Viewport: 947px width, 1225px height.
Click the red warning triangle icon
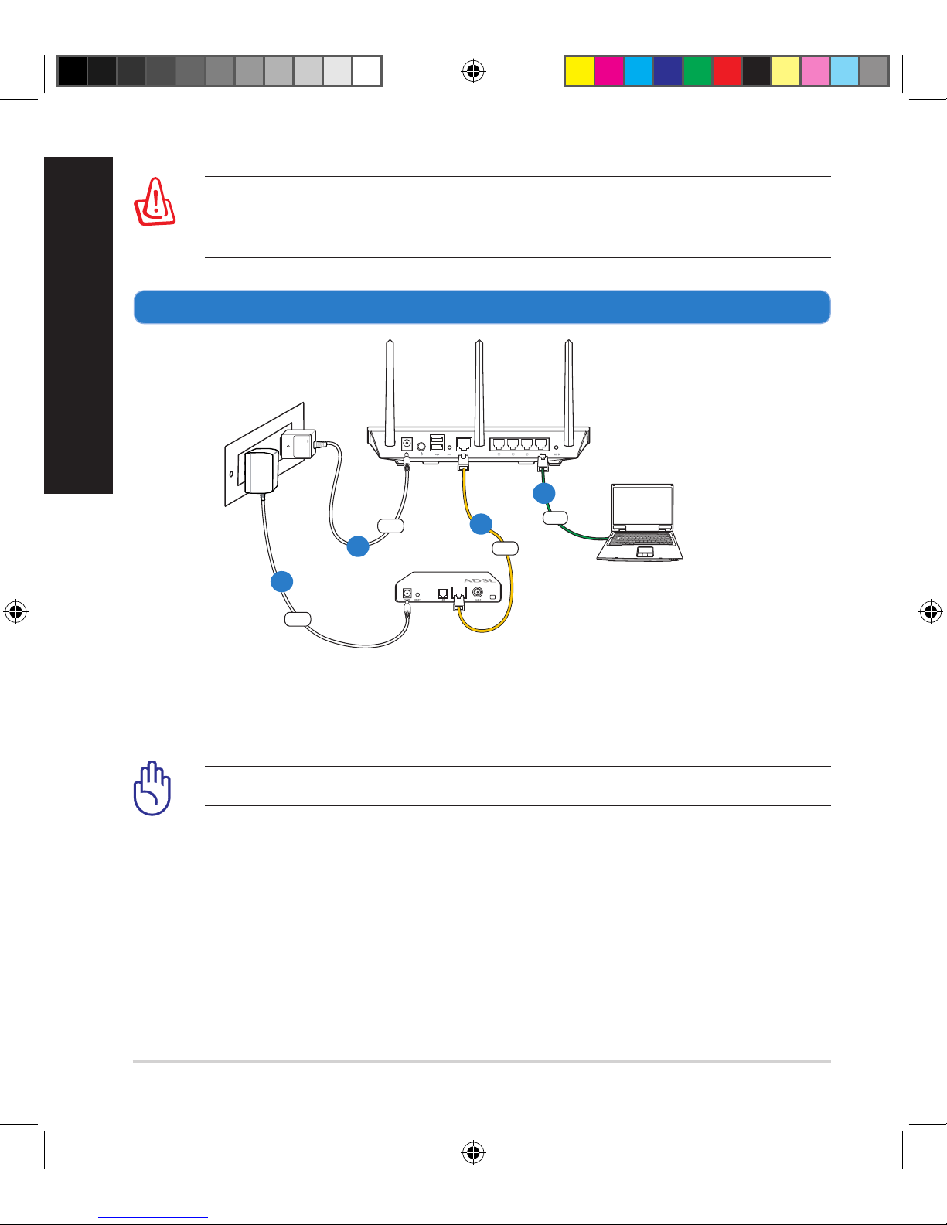coord(155,202)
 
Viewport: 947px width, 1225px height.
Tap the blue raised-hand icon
coord(152,789)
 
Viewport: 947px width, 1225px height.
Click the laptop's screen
coord(642,508)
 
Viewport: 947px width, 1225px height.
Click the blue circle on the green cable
coord(544,493)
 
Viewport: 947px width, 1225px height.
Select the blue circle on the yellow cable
coord(481,524)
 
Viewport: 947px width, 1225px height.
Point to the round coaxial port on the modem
coord(479,594)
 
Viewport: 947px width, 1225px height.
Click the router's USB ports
coord(437,443)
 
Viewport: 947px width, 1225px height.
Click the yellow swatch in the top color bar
coord(579,70)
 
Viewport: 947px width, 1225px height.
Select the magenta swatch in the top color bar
coord(608,70)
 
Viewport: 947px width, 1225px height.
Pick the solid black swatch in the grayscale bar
coord(72,70)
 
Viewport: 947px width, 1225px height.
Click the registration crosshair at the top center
coord(473,72)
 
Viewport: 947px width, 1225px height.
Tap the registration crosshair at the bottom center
coord(473,1153)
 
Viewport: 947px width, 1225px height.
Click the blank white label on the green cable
coord(556,519)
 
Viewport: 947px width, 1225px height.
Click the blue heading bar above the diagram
coord(482,307)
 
